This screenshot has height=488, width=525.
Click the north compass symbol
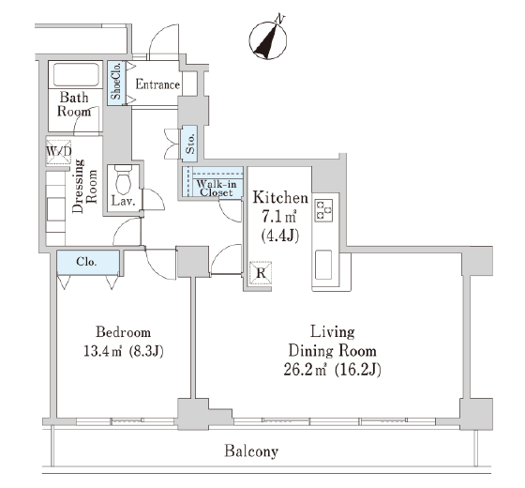tap(268, 40)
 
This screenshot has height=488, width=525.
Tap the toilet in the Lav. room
tap(123, 180)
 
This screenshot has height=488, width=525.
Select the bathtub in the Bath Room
tap(76, 75)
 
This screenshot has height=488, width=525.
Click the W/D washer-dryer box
tap(58, 152)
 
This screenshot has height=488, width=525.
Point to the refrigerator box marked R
tap(261, 273)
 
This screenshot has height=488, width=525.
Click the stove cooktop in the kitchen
tap(323, 210)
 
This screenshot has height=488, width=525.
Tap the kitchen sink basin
tap(323, 265)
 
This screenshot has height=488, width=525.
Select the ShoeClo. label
tap(116, 84)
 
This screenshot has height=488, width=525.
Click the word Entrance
tap(157, 84)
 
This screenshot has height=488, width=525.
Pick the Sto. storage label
tap(189, 144)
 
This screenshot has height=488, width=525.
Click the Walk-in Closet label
tap(217, 188)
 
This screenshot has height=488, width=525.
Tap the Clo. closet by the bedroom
tap(88, 262)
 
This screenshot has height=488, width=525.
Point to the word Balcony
tap(251, 451)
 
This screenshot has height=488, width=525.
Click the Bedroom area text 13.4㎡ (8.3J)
tap(123, 352)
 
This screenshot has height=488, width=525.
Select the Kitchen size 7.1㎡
tap(279, 217)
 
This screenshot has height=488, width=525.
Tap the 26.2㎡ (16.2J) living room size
tap(332, 370)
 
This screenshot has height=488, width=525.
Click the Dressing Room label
tap(84, 186)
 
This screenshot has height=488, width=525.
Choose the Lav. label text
tap(123, 202)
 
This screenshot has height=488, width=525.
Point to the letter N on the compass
tap(279, 20)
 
